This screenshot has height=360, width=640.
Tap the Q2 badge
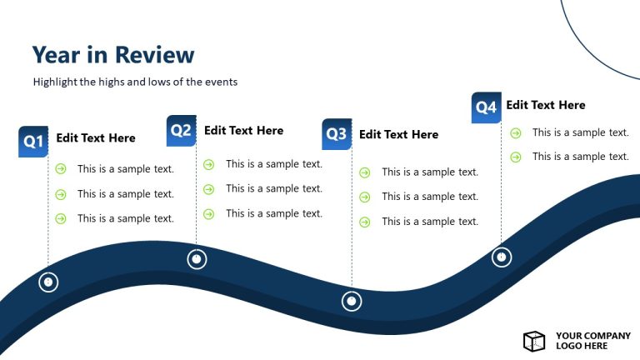point(181,130)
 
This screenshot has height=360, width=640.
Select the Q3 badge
point(336,133)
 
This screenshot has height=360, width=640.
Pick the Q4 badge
point(486,107)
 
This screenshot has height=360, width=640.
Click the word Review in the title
point(154,55)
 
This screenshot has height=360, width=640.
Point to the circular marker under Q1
point(48,282)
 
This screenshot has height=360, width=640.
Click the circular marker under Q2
point(196,259)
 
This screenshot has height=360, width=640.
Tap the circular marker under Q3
point(352,301)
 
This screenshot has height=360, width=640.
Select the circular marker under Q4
point(501,257)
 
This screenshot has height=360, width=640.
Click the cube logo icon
point(533,340)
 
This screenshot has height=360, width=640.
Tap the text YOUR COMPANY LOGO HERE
point(593,341)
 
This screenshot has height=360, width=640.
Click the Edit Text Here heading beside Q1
point(96,138)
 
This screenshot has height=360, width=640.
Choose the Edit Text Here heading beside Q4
point(546,105)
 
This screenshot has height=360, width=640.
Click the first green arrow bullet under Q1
point(61,169)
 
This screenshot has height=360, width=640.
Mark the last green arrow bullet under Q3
point(365,222)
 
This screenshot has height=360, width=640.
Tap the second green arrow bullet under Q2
point(209,189)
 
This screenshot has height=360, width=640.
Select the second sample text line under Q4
point(580,157)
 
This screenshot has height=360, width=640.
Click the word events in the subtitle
point(220,82)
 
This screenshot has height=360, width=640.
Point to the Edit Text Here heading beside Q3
point(398,134)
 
